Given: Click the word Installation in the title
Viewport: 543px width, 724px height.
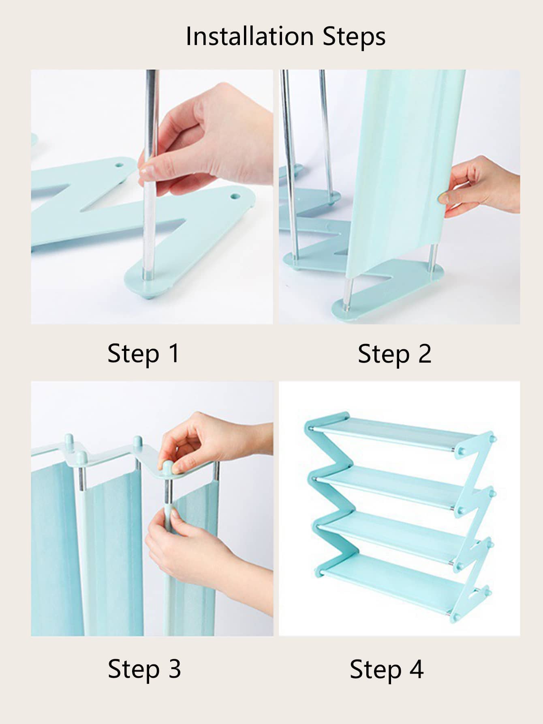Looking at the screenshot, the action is pyautogui.click(x=250, y=36).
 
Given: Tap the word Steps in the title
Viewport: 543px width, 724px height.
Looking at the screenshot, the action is pyautogui.click(x=354, y=37).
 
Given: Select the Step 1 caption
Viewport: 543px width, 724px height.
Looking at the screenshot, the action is pyautogui.click(x=143, y=354).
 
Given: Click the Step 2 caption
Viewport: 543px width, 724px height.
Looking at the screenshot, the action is pyautogui.click(x=394, y=354).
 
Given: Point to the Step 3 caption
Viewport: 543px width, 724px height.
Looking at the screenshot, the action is pyautogui.click(x=144, y=669).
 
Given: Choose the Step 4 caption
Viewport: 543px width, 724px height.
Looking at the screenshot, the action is pyautogui.click(x=387, y=669).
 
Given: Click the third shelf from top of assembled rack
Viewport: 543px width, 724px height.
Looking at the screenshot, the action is pyautogui.click(x=399, y=535).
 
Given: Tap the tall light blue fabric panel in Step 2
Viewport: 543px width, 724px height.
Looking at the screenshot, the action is pyautogui.click(x=405, y=170).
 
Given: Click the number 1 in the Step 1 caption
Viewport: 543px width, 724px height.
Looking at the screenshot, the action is pyautogui.click(x=174, y=353).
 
